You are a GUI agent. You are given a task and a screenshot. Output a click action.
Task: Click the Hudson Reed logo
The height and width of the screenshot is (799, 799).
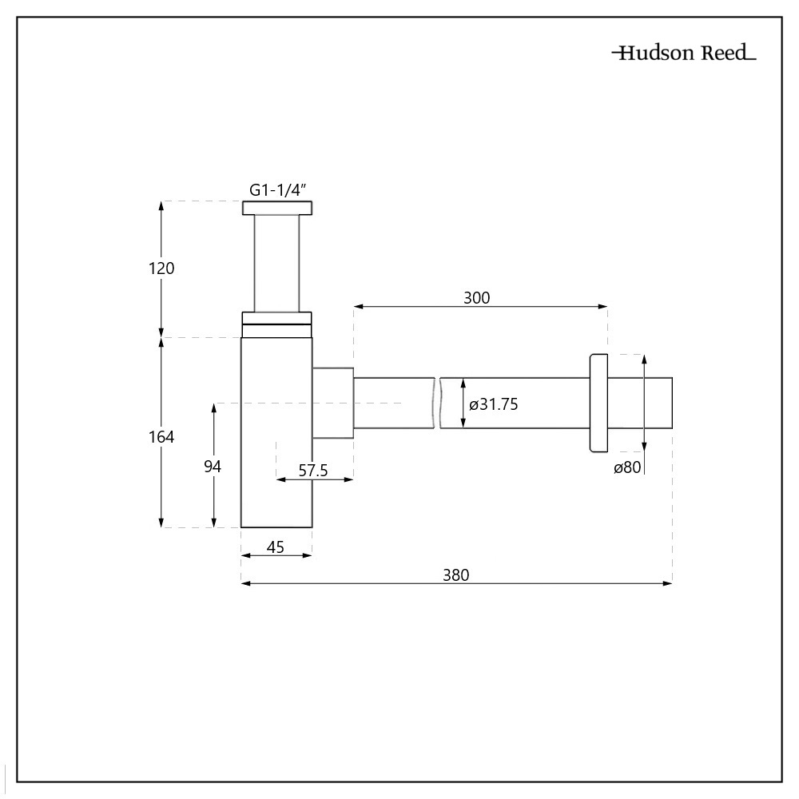point(684,54)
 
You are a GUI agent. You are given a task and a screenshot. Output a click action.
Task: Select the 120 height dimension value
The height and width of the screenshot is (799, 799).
point(161,268)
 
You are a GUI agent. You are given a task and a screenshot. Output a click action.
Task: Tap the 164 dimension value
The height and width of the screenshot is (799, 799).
point(161,437)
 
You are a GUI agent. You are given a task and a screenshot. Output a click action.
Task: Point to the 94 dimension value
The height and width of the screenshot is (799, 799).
point(212,467)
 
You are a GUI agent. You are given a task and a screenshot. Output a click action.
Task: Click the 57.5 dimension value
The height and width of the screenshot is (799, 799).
point(313,471)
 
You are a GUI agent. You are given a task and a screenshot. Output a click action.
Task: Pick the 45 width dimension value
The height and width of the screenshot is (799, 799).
point(276,547)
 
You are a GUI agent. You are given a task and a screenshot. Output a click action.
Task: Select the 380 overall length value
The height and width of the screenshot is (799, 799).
point(456,574)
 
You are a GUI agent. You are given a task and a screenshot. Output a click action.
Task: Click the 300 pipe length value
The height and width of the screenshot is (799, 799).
point(476,298)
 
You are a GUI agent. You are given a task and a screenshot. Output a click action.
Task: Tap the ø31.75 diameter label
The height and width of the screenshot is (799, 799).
point(494,404)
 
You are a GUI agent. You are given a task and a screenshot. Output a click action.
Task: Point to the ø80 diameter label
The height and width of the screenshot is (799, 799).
point(627,468)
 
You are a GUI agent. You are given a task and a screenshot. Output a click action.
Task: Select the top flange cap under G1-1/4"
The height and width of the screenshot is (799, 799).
point(277,209)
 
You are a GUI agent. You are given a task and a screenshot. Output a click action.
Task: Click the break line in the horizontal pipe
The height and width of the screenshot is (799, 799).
point(438,403)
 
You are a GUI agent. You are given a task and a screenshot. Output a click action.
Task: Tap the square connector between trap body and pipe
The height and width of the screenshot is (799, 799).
point(332,403)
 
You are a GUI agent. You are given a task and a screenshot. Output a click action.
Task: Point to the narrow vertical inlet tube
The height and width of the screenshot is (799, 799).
point(276,264)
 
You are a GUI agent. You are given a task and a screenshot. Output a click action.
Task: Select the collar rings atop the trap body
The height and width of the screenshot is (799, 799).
point(276,324)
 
